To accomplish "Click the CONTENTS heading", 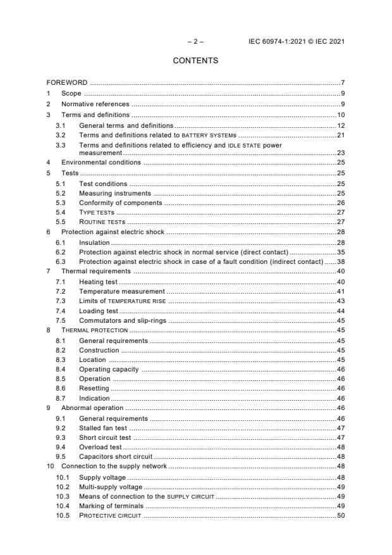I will [x=195, y=61].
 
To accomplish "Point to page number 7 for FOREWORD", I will [x=342, y=83].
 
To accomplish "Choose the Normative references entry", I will [x=95, y=104].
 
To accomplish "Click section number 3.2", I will [x=61, y=135].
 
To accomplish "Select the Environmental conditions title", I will [x=101, y=163].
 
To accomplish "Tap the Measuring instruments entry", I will [x=115, y=193].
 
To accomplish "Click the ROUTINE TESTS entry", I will [x=102, y=223].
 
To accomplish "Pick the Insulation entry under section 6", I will [x=94, y=242].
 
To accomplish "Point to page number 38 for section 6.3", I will [x=340, y=261].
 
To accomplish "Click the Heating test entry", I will [x=99, y=281].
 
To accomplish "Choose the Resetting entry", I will [x=94, y=389].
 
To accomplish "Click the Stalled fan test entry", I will [x=103, y=428].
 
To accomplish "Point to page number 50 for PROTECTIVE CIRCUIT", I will [x=340, y=516].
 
